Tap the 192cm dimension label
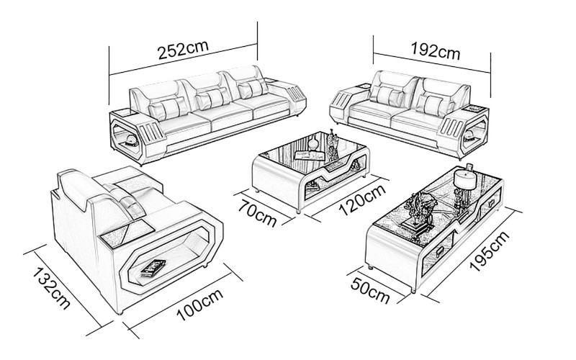pyautogui.click(x=435, y=51)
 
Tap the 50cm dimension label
pyautogui.click(x=371, y=289)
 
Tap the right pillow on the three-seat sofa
pyautogui.click(x=250, y=89)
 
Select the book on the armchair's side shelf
pyautogui.click(x=153, y=268)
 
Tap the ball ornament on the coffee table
pyautogui.click(x=312, y=145)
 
